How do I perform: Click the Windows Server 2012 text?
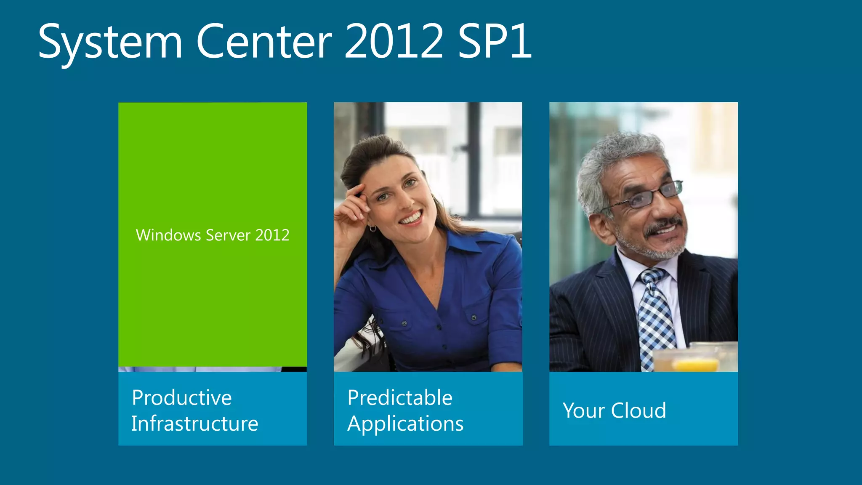pos(213,235)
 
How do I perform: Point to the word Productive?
pos(182,398)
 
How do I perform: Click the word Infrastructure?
pos(194,424)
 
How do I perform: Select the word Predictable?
pos(400,398)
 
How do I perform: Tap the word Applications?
pos(405,424)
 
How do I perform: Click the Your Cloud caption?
pos(615,410)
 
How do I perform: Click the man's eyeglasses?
pos(650,195)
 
